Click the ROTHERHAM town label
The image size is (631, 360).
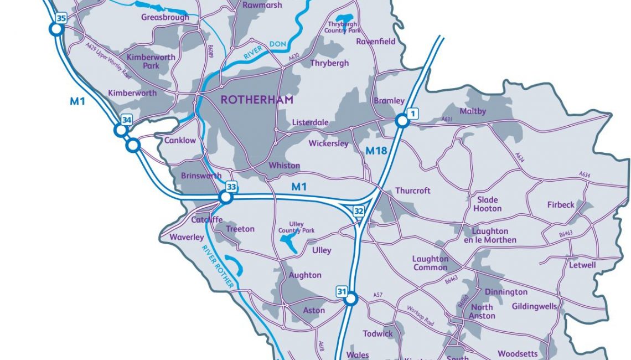[257, 100]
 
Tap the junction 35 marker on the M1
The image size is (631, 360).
[56, 29]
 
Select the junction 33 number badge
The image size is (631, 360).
[231, 187]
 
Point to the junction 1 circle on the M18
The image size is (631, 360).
[402, 121]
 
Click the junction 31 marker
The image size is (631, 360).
[350, 300]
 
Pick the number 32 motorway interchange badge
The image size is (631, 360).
[359, 211]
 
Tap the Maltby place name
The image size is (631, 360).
[473, 111]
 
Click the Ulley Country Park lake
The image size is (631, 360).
[289, 242]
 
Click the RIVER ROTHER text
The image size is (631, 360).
[219, 260]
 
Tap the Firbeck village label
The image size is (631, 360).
[561, 204]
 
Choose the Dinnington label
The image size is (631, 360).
[506, 292]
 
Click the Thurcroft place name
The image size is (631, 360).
[412, 191]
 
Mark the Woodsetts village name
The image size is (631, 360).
[518, 353]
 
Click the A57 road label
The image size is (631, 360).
[378, 295]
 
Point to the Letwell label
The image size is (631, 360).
[582, 265]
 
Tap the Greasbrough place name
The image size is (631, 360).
[165, 17]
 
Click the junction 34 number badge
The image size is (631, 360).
[127, 120]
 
